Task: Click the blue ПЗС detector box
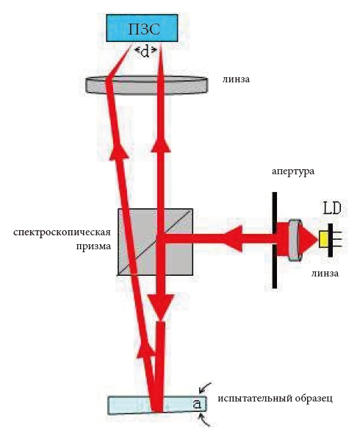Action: [142, 28]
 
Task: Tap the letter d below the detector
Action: [145, 52]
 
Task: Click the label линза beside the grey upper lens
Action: [236, 79]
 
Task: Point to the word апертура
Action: [293, 171]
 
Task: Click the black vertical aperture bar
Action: [274, 240]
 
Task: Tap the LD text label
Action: [332, 209]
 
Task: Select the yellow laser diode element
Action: [323, 239]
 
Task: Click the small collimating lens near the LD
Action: [295, 240]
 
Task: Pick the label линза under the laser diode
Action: [325, 273]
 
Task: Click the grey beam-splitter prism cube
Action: [155, 242]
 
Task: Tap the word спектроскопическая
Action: [62, 233]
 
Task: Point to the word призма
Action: [93, 246]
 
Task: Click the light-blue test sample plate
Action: [157, 405]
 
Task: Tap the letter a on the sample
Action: [197, 404]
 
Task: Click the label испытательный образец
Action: [275, 399]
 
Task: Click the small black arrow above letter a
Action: [205, 388]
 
